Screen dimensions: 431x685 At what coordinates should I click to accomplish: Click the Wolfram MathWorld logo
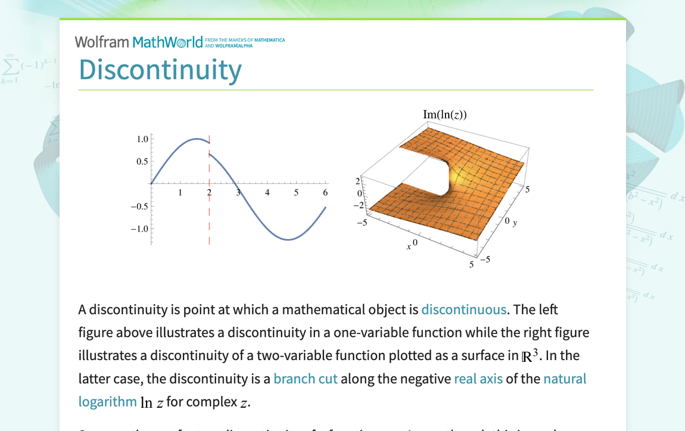(x=139, y=42)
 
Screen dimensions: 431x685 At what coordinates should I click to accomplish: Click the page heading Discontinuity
(x=160, y=69)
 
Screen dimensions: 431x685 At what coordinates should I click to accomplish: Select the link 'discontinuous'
(x=463, y=310)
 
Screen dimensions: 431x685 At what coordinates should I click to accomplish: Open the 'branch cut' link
(x=306, y=379)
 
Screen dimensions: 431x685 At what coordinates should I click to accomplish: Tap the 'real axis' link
(x=478, y=379)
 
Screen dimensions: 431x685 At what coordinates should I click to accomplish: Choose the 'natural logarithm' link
(x=564, y=379)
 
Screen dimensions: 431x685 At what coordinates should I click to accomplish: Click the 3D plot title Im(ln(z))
(x=444, y=114)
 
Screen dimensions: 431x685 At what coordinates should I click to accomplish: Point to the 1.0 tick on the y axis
(x=142, y=139)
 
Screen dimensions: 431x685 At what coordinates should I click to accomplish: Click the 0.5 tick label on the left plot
(x=142, y=161)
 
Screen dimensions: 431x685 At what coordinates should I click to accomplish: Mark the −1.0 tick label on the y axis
(x=140, y=229)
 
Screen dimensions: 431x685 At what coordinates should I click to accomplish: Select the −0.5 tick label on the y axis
(x=140, y=207)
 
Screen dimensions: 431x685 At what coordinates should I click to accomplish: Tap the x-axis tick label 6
(x=325, y=193)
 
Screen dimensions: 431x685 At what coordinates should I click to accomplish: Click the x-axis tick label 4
(x=267, y=193)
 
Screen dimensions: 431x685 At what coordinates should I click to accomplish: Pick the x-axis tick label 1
(x=180, y=193)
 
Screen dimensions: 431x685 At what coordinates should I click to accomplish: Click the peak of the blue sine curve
(x=196, y=139)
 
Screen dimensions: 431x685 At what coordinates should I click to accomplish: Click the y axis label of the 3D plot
(x=515, y=223)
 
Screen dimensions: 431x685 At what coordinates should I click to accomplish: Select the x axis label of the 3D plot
(x=409, y=246)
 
